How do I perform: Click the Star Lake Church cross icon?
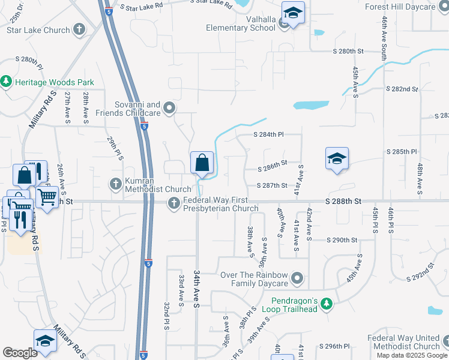point(79,29)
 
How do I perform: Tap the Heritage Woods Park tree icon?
point(6,80)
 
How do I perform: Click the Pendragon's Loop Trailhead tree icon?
point(326,304)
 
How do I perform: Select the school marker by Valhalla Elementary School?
point(293,13)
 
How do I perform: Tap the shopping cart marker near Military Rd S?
point(47,196)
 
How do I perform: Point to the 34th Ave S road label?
point(196,289)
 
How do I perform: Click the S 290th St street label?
point(342,240)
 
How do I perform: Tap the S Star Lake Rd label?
point(142,5)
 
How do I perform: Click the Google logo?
point(20,353)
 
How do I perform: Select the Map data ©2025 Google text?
point(412,355)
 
